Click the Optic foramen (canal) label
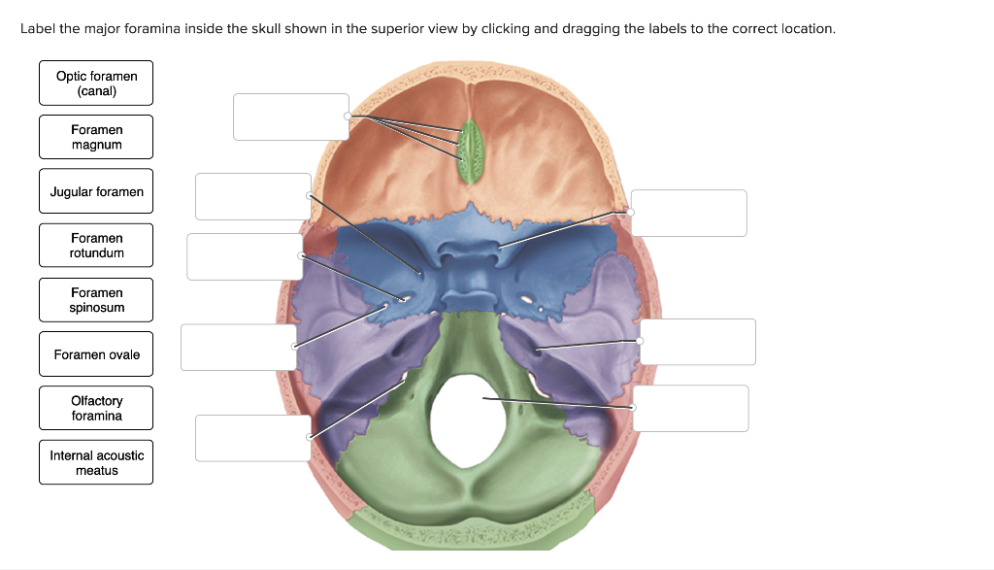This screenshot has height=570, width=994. click(x=96, y=84)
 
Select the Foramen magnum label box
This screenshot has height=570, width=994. click(x=96, y=137)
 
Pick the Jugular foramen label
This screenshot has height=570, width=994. click(x=96, y=192)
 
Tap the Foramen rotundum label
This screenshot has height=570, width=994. click(x=96, y=246)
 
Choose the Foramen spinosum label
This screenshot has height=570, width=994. click(x=96, y=300)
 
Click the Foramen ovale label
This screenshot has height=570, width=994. click(x=96, y=355)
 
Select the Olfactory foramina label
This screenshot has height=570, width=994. click(x=96, y=409)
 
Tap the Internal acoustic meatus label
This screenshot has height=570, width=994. click(x=96, y=463)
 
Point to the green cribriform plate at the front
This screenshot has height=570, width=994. click(x=472, y=151)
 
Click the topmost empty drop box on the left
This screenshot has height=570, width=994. click(x=290, y=117)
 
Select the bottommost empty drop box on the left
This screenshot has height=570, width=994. click(x=252, y=438)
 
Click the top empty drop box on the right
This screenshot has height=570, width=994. click(x=689, y=213)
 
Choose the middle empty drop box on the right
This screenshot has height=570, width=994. click(x=697, y=342)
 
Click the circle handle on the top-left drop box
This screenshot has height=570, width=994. click(x=348, y=117)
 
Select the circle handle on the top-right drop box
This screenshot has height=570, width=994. click(x=631, y=212)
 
